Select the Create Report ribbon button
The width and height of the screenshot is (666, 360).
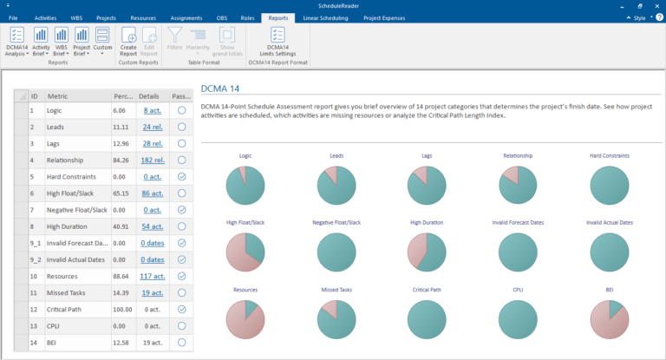pos(128,43)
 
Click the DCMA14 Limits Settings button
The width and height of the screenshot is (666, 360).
pos(277,43)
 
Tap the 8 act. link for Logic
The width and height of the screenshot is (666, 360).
pos(152,111)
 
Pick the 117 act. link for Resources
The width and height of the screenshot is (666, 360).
pos(152,276)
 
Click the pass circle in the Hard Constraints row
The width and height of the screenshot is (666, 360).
pos(181,177)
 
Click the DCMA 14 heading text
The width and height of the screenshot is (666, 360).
pos(221,88)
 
